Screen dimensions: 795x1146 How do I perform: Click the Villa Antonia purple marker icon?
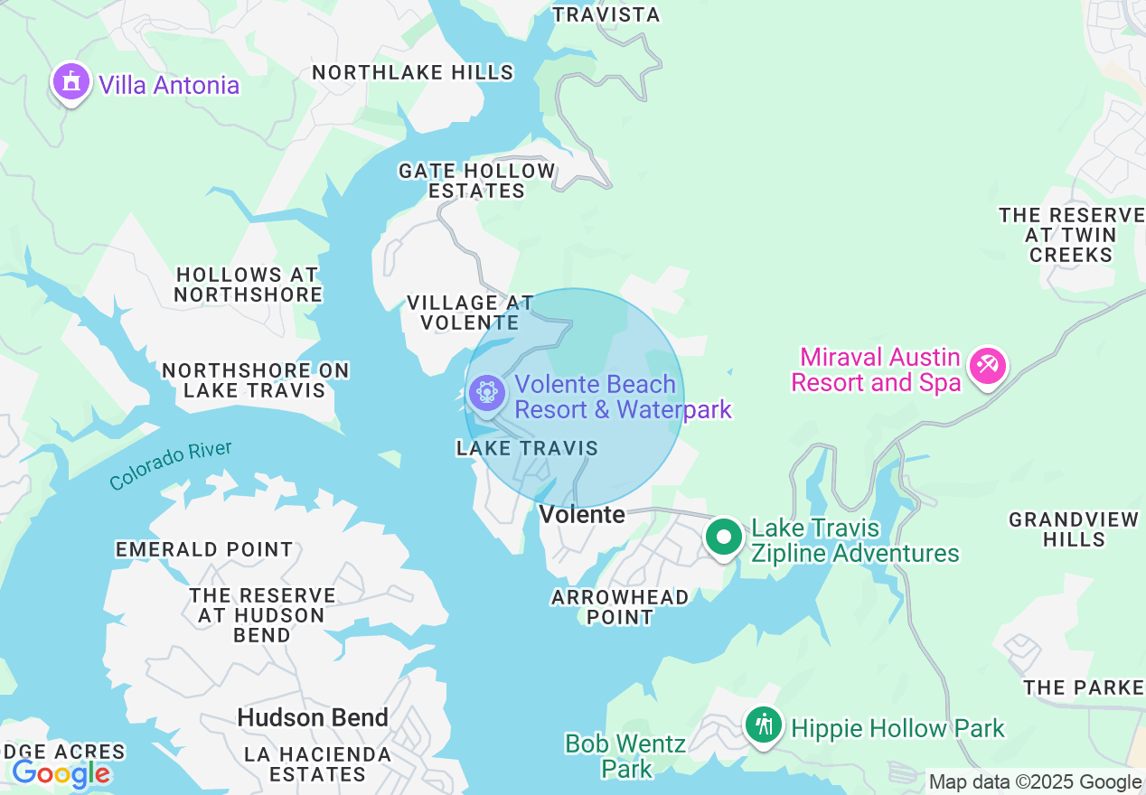pos(71,82)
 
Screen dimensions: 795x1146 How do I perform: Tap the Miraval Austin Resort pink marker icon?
pos(987,366)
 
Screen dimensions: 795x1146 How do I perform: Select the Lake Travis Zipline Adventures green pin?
pos(723,538)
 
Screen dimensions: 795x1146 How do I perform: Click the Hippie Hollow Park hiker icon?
pos(765,725)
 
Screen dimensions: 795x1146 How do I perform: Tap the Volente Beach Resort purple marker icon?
pos(487,393)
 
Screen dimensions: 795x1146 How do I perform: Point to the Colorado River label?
pos(170,465)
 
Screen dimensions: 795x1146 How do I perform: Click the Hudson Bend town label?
pos(313,718)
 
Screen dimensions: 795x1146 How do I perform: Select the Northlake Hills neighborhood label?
pos(412,72)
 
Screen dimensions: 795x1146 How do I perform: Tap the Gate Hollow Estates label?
pos(477,181)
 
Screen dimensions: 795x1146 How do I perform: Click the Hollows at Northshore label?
pos(249,285)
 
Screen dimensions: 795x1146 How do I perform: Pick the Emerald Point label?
pos(204,549)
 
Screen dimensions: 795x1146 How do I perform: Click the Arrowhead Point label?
pos(620,607)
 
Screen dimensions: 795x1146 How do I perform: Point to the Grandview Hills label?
pos(1074,529)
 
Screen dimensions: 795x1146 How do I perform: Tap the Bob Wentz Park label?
pos(625,756)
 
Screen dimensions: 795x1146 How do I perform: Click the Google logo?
pos(61,774)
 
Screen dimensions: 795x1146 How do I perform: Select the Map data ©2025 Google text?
pos(1035,782)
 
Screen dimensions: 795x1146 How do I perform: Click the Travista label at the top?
pos(606,14)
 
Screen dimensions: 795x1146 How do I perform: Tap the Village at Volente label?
pos(470,313)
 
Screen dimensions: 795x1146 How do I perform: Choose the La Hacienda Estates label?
pos(318,764)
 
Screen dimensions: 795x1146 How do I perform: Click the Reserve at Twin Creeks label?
pos(1071,235)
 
